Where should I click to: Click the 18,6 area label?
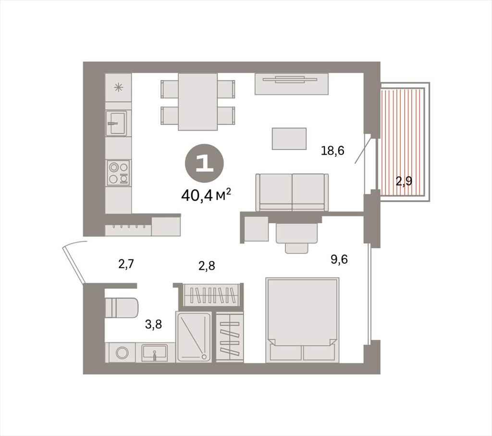coord(332,151)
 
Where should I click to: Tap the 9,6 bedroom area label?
coord(339,260)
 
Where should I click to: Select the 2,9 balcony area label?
coord(404,181)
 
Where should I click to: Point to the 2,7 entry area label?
coord(126,264)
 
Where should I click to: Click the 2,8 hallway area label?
coord(207,266)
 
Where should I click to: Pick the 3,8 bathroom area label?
coord(153,324)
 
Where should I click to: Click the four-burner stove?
coord(119,173)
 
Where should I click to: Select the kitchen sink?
coord(116,123)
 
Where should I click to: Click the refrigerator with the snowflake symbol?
coord(118,88)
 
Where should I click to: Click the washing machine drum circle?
coord(122,352)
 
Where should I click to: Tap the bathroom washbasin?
coord(155,353)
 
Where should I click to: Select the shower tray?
coord(193,336)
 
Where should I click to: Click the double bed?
coord(302,320)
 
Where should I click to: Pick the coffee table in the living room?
coord(289,139)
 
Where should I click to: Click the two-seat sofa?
coord(292,192)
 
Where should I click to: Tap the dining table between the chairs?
coord(197,102)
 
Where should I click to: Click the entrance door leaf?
coord(74,265)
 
